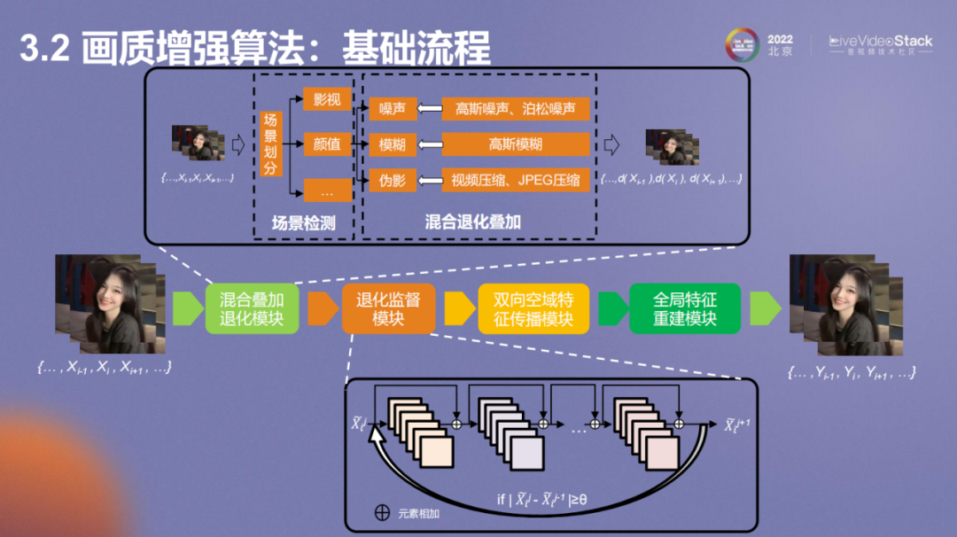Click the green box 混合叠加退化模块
coord(251,308)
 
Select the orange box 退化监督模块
coord(388,308)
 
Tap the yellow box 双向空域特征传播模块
coord(533,308)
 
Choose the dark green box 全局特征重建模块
coord(684,308)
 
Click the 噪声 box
coord(393,109)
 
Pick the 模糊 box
coord(393,144)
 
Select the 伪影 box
coord(393,180)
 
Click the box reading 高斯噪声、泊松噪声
coord(515,109)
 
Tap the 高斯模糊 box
coord(515,144)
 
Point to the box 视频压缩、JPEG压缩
coord(515,180)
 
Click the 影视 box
coord(327,99)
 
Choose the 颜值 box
coord(327,144)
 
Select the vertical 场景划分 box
coord(271,143)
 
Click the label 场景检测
coord(303,223)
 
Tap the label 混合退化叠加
coord(473,222)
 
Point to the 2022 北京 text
coord(780,45)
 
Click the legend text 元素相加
coord(419,513)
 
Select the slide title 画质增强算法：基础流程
coord(285,48)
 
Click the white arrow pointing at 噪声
coord(430,109)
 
